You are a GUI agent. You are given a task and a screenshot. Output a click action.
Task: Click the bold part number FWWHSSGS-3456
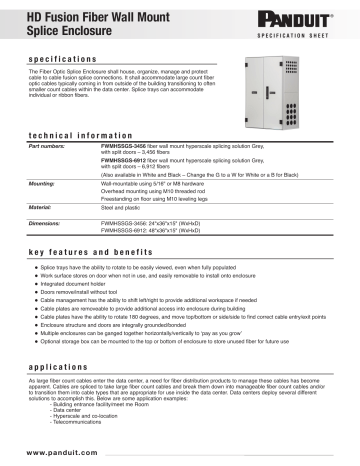[x=124, y=148]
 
